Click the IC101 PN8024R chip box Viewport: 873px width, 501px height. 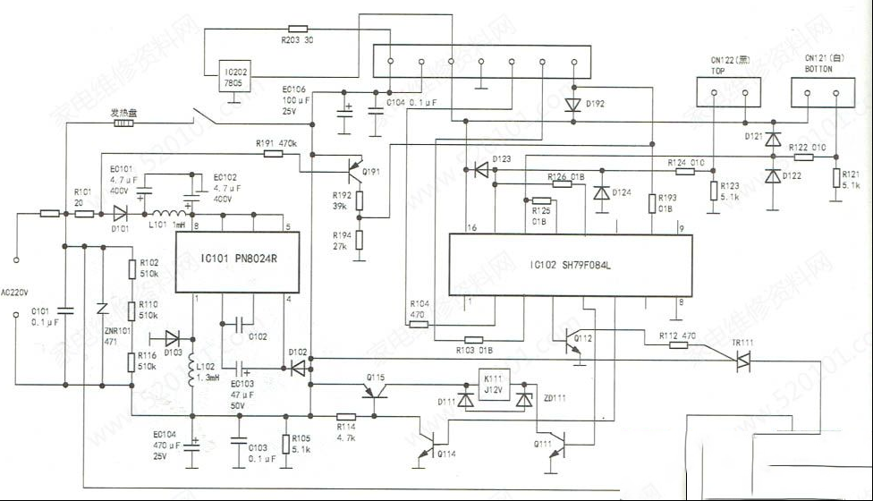tap(236, 261)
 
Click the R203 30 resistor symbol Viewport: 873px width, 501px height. tap(299, 29)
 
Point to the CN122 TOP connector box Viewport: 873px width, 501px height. tap(728, 91)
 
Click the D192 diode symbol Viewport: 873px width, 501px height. tap(572, 105)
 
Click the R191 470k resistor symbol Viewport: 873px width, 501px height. tap(273, 154)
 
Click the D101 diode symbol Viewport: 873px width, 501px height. tap(120, 214)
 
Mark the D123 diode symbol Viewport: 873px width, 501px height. tap(481, 168)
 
